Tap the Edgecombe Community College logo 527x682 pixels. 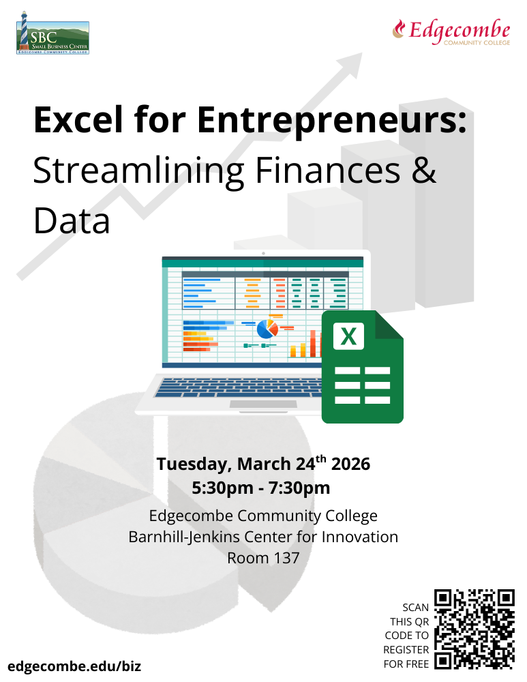451,32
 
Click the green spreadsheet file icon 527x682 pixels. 362,367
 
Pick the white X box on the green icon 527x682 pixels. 348,336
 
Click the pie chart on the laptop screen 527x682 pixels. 267,329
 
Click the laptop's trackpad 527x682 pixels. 254,404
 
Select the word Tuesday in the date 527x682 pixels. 194,464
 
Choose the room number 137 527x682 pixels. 286,558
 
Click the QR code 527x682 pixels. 475,629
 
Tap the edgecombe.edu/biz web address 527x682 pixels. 74,666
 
